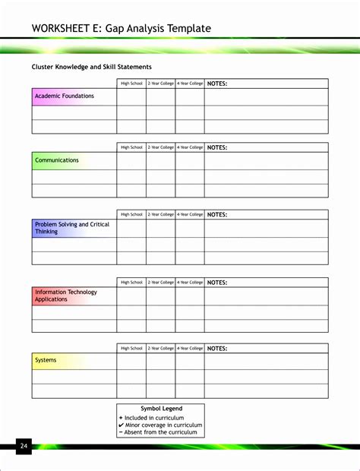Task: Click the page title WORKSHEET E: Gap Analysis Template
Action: (x=121, y=29)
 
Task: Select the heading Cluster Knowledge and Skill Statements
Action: (x=91, y=67)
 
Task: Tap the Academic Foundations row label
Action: (x=65, y=96)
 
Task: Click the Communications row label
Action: (x=57, y=160)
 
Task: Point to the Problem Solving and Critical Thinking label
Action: (x=72, y=228)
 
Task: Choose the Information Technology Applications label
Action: (x=66, y=296)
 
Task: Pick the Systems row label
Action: (x=46, y=360)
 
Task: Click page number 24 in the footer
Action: (x=24, y=445)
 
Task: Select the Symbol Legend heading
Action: (x=161, y=409)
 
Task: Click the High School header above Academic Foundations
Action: (x=131, y=84)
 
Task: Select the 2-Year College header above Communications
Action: (x=161, y=147)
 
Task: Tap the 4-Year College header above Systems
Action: (x=190, y=348)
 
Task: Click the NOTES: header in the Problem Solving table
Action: (x=217, y=214)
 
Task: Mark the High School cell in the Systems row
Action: (x=131, y=361)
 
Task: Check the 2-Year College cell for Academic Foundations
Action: (x=161, y=97)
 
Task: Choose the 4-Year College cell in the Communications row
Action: (x=190, y=161)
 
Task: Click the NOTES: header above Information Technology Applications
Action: (x=217, y=282)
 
